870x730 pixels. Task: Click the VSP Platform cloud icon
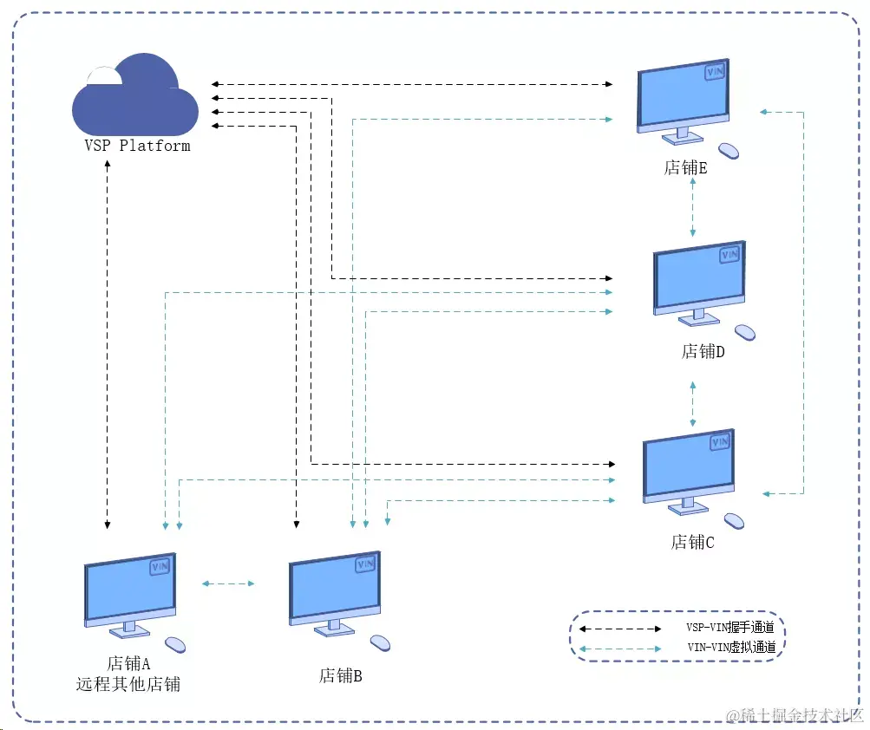[x=135, y=95]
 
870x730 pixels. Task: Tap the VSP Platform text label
[x=137, y=146]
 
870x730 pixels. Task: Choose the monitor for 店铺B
[x=334, y=590]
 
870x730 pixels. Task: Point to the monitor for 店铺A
[x=130, y=590]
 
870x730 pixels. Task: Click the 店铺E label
[x=685, y=168]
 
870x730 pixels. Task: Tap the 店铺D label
[x=703, y=352]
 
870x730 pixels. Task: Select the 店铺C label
[x=692, y=543]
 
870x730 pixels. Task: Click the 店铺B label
[x=340, y=675]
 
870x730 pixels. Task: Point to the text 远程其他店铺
[x=128, y=684]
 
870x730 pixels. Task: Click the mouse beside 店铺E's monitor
[x=729, y=150]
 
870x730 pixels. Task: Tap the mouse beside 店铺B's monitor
[x=380, y=642]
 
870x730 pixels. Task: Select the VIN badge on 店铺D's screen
[x=729, y=254]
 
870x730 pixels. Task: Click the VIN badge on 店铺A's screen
[x=160, y=566]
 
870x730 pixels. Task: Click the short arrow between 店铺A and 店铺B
[x=227, y=583]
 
